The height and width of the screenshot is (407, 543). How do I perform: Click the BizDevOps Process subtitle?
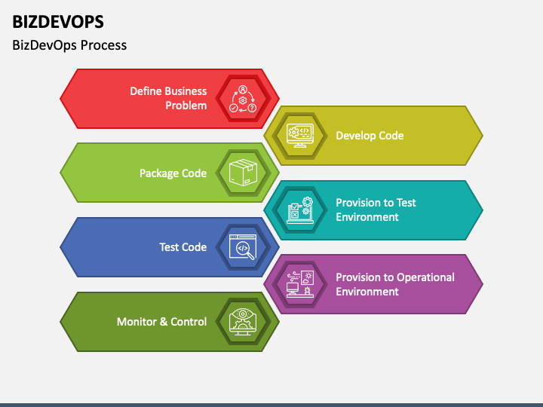69,45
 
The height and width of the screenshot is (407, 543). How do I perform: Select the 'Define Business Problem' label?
168,98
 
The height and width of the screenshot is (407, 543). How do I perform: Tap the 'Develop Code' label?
370,136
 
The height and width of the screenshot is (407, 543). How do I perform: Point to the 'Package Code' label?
173,173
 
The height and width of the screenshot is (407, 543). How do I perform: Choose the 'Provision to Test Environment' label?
376,210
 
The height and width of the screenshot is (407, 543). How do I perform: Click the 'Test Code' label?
183,247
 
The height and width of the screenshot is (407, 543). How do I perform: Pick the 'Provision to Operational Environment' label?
394,284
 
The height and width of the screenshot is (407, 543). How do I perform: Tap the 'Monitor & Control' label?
161,322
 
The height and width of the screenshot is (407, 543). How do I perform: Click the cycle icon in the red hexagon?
242,99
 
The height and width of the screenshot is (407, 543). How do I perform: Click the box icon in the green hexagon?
242,173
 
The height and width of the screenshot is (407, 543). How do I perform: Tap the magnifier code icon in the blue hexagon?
242,247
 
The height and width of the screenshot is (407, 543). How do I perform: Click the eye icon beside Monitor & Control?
242,322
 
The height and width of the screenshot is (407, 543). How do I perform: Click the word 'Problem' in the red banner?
186,106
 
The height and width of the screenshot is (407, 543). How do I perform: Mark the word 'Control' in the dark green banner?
189,322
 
